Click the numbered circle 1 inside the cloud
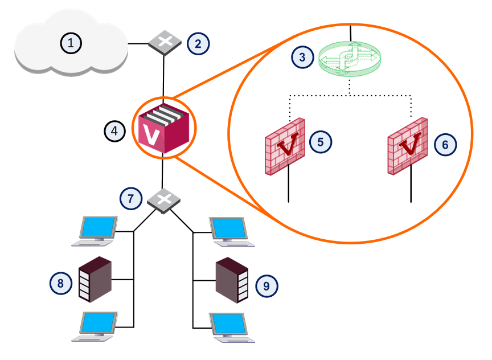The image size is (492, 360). [x=71, y=43]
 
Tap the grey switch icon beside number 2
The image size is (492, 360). [x=165, y=43]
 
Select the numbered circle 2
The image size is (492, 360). [x=199, y=43]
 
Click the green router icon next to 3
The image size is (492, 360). [x=349, y=59]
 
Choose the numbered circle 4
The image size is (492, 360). [x=114, y=131]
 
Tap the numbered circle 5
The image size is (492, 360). [x=321, y=142]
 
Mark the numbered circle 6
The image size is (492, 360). [x=445, y=145]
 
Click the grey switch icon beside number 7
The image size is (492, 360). [x=164, y=199]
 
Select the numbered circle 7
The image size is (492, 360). [x=130, y=198]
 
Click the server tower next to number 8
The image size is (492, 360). [x=95, y=279]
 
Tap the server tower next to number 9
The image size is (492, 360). [x=232, y=280]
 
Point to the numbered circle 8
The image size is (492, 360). [x=61, y=283]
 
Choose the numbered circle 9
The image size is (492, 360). [x=266, y=285]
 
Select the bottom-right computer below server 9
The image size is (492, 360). [x=232, y=327]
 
